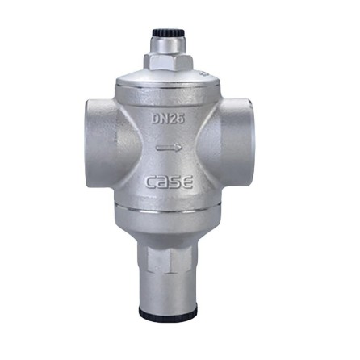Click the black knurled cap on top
click(168, 32)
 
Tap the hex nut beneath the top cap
click(168, 62)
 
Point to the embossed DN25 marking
click(168, 119)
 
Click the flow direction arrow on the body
click(169, 148)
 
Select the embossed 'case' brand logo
click(170, 182)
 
